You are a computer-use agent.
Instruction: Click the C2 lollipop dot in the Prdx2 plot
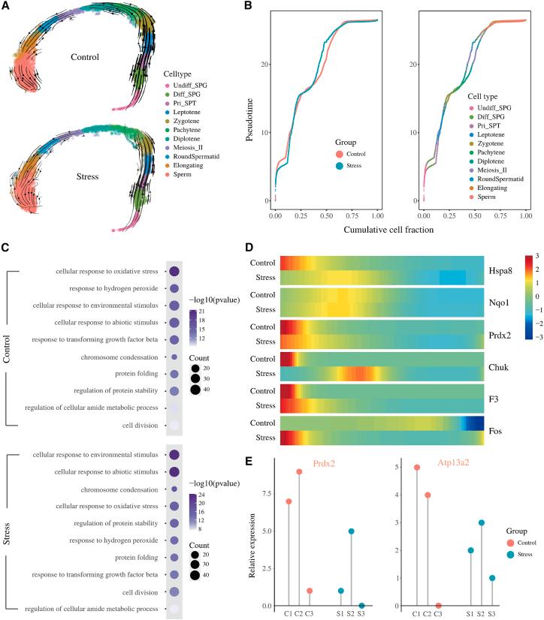[299, 492]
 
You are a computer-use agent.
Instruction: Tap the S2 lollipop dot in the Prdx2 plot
[351, 531]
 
